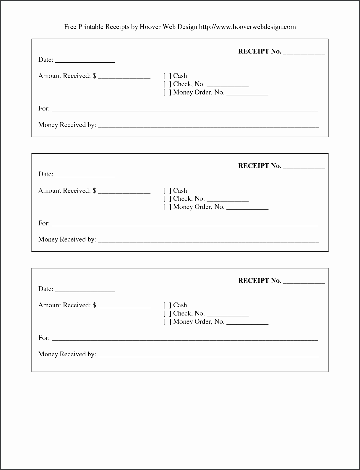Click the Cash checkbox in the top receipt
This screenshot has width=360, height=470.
(167, 76)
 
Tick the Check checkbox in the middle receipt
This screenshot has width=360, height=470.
(167, 199)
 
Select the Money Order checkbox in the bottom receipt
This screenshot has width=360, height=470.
(167, 322)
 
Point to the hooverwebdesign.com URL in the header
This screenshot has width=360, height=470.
(247, 27)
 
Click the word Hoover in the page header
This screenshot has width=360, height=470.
(150, 27)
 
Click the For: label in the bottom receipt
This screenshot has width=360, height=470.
(44, 338)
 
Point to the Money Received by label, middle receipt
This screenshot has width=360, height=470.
(67, 240)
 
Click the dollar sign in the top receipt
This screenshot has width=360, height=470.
(94, 76)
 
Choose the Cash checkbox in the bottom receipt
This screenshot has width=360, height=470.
(167, 305)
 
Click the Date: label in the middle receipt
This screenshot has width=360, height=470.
(46, 174)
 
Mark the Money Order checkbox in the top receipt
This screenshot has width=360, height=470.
(167, 92)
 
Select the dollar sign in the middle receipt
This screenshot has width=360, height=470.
(94, 191)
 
